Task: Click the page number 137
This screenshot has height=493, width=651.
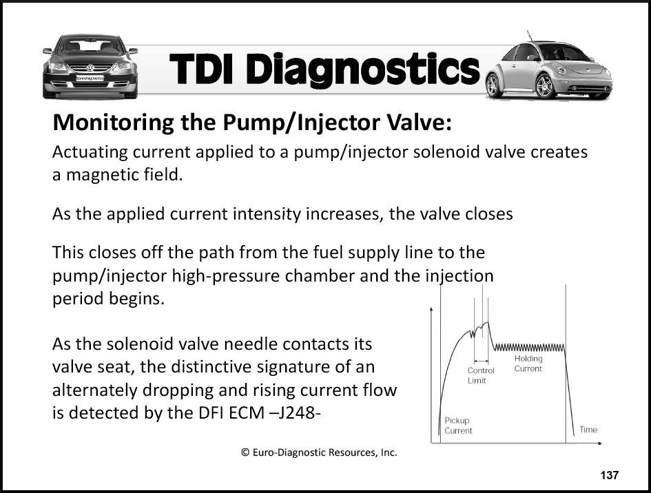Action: pyautogui.click(x=609, y=475)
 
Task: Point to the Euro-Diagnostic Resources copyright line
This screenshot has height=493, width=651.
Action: pyautogui.click(x=319, y=452)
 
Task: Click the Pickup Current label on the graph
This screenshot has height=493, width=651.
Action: pyautogui.click(x=458, y=426)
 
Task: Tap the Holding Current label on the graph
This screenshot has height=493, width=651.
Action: pyautogui.click(x=528, y=364)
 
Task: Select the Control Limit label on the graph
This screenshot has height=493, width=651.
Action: pyautogui.click(x=481, y=375)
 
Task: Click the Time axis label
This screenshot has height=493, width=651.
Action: pyautogui.click(x=588, y=430)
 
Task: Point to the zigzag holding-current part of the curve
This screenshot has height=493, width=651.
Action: pyautogui.click(x=528, y=347)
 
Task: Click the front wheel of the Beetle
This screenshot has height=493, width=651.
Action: pyautogui.click(x=545, y=86)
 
